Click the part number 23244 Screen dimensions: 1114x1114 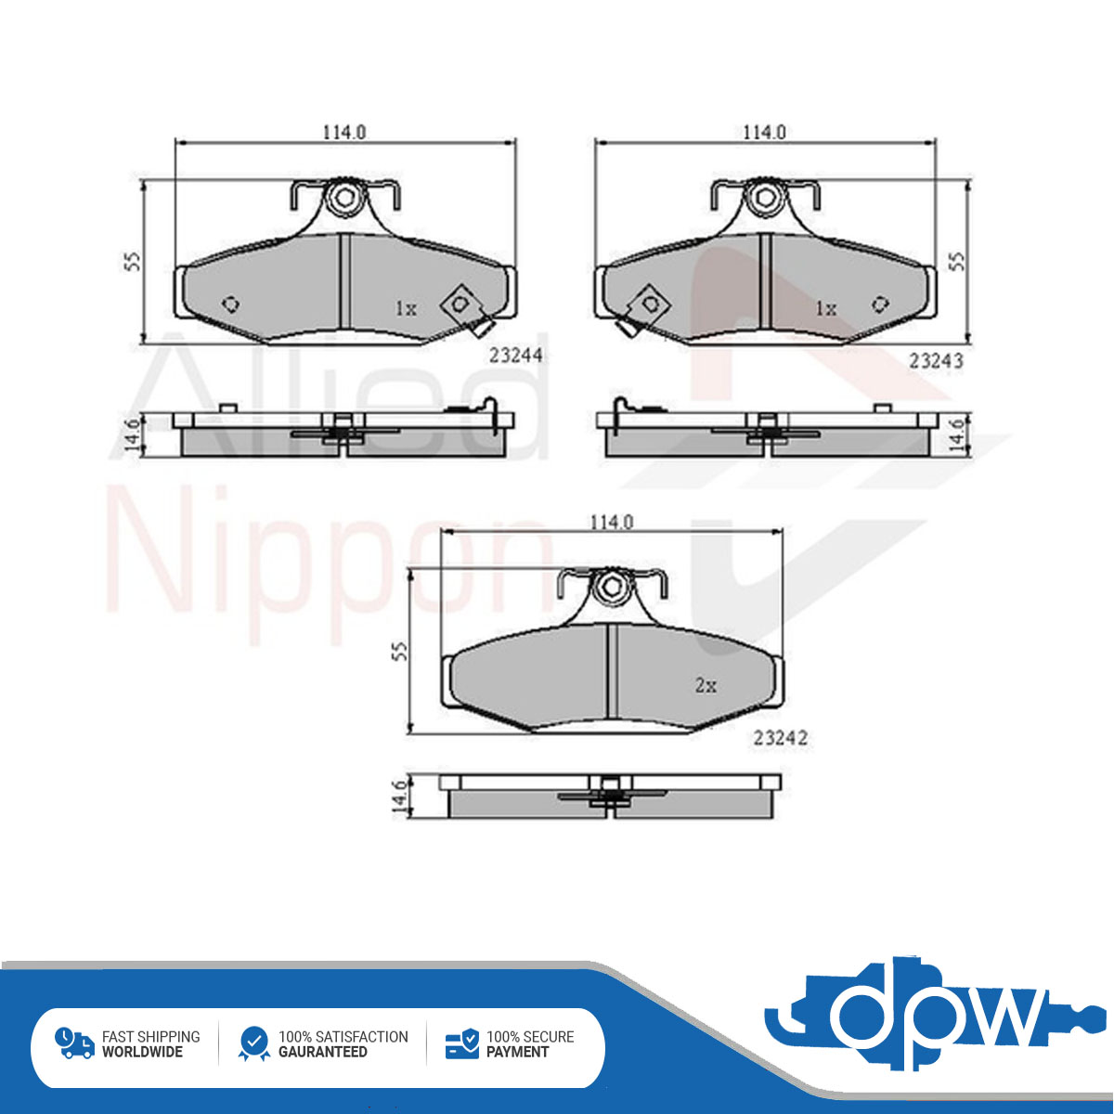pyautogui.click(x=515, y=355)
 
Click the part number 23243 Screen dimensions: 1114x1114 pyautogui.click(x=936, y=361)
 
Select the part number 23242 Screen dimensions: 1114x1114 pyautogui.click(x=780, y=738)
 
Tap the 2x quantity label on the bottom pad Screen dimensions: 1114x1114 pyautogui.click(x=706, y=686)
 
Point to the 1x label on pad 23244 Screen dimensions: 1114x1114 pyautogui.click(x=406, y=309)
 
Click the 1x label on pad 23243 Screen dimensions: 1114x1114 pyautogui.click(x=825, y=309)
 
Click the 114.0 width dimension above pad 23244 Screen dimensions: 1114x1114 pyautogui.click(x=344, y=133)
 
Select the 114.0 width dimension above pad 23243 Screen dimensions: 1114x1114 pyautogui.click(x=764, y=133)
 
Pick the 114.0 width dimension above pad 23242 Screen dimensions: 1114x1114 pyautogui.click(x=612, y=523)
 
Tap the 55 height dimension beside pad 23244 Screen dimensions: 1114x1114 pyautogui.click(x=133, y=261)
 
